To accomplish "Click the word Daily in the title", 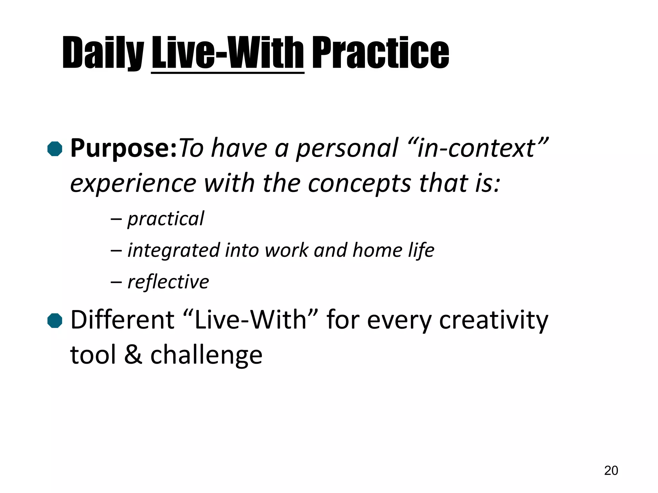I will pyautogui.click(x=103, y=53).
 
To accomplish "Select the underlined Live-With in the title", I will pyautogui.click(x=227, y=53).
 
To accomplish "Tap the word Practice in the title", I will pyautogui.click(x=380, y=53).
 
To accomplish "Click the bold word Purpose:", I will pyautogui.click(x=124, y=149).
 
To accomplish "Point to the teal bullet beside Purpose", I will pyautogui.click(x=55, y=149).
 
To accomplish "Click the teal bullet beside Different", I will pyautogui.click(x=55, y=321).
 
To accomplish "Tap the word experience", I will pyautogui.click(x=133, y=184).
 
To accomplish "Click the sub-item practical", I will pyautogui.click(x=165, y=219).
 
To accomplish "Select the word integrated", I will pyautogui.click(x=173, y=251).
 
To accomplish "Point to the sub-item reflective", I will pyautogui.click(x=168, y=282).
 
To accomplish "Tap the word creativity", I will pyautogui.click(x=493, y=320).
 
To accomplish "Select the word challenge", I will pyautogui.click(x=206, y=355).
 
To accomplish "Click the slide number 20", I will pyautogui.click(x=611, y=471).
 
